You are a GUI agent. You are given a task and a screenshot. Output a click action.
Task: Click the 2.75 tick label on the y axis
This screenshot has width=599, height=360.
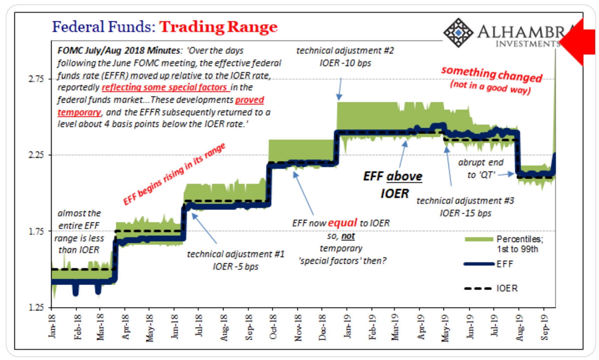(36, 79)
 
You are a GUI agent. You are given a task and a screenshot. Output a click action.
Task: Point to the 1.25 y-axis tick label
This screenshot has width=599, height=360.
(36, 307)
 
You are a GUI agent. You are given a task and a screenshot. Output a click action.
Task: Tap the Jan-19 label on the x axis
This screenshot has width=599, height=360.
(347, 326)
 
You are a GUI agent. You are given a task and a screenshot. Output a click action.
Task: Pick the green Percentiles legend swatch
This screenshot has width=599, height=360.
(479, 239)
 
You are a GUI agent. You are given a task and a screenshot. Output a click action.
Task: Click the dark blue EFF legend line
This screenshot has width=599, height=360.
(479, 264)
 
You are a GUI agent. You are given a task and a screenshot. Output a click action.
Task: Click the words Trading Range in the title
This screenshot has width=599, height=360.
(218, 27)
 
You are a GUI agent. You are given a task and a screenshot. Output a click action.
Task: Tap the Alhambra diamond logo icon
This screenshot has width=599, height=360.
(459, 33)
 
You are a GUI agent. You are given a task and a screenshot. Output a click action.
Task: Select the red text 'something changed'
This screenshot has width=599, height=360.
(491, 74)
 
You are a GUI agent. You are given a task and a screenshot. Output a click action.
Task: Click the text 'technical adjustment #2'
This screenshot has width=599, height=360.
(345, 51)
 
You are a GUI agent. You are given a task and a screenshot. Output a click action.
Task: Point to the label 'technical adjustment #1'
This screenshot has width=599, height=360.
(235, 254)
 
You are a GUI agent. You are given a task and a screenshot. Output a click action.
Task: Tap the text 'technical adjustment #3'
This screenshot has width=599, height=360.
(465, 201)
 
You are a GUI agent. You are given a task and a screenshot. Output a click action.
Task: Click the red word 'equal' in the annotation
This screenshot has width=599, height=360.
(342, 223)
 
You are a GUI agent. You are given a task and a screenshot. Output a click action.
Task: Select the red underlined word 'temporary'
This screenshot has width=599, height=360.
(79, 112)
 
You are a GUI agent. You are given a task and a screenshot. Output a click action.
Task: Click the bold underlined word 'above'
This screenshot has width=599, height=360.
(405, 176)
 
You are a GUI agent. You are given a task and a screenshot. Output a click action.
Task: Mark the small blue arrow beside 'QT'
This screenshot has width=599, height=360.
(506, 174)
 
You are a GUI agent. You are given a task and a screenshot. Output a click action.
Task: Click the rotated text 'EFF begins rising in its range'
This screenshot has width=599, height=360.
(174, 174)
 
